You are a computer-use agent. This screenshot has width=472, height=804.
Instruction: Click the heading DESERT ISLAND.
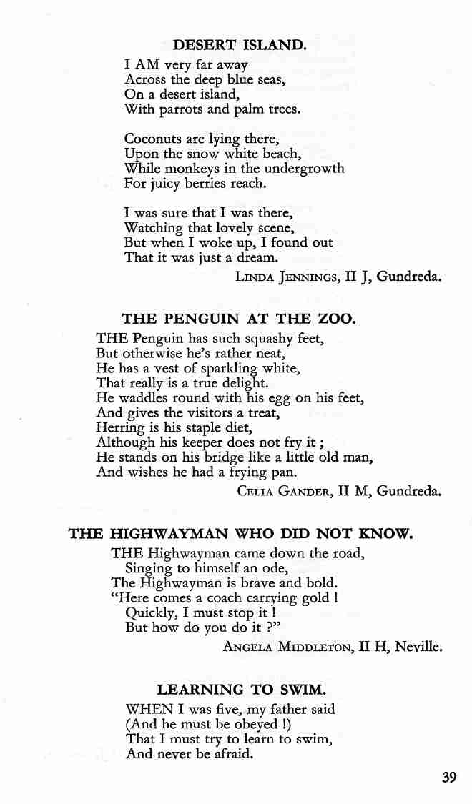(240, 45)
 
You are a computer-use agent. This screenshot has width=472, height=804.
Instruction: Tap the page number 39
(448, 778)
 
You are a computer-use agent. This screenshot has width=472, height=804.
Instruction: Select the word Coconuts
(152, 138)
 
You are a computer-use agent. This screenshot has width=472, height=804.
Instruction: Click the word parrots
(172, 109)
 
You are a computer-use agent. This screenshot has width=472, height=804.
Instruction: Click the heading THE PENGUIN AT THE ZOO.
(238, 319)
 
